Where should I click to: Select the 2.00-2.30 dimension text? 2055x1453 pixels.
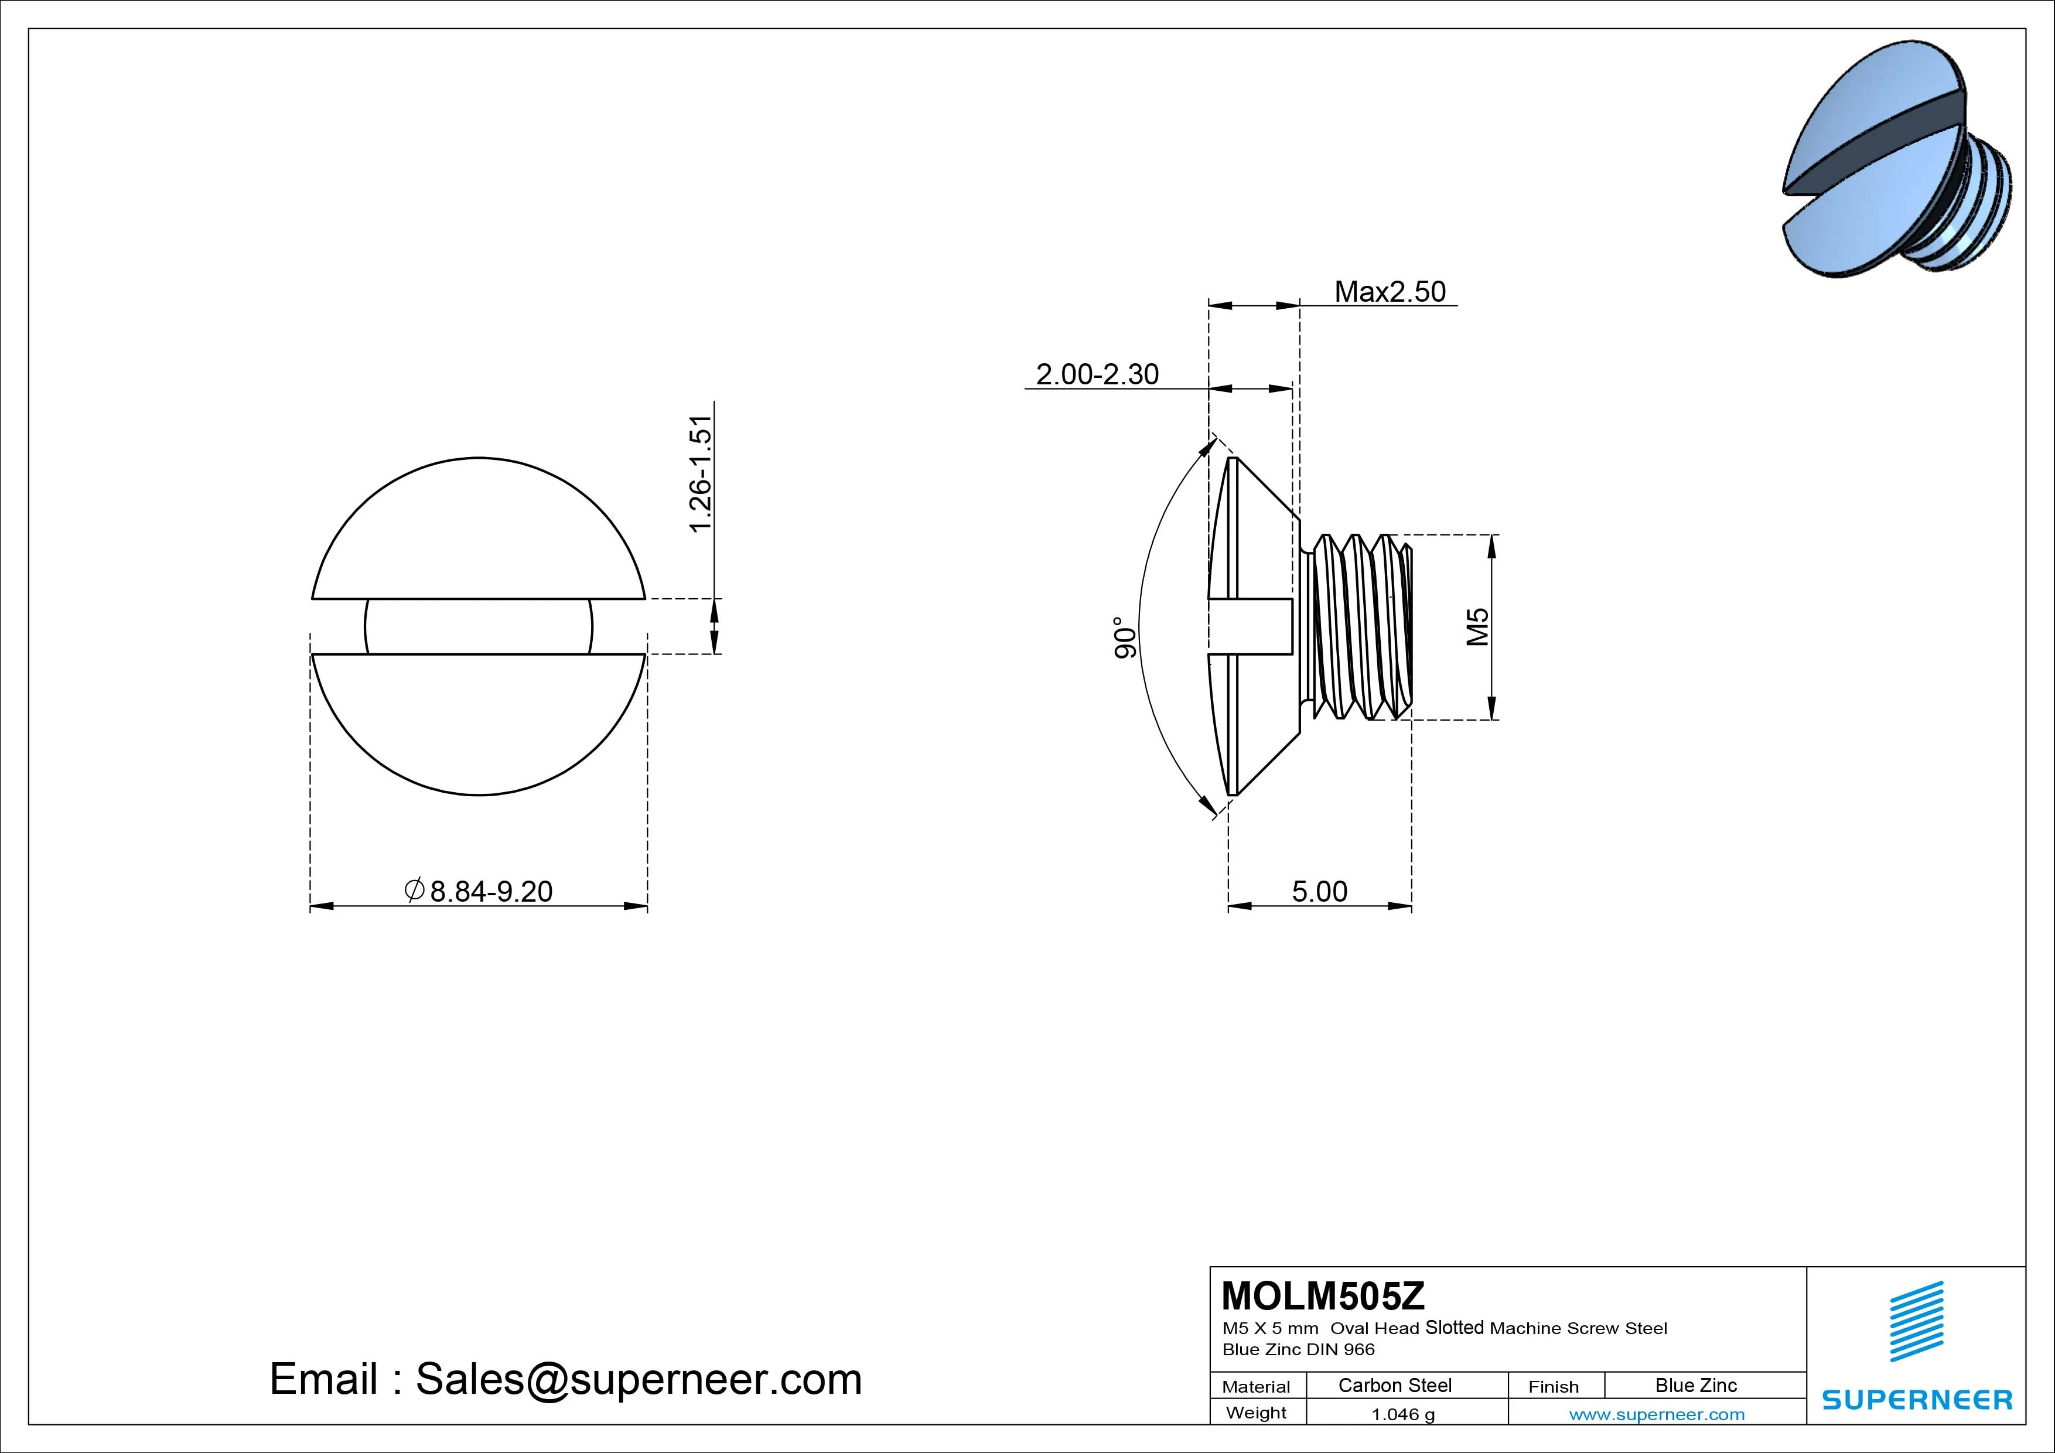click(1097, 374)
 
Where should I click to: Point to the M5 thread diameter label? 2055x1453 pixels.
click(1478, 627)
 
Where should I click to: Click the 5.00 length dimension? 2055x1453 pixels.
click(1319, 892)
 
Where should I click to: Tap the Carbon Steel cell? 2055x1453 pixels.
click(1394, 1385)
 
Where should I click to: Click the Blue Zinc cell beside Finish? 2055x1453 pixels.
click(1695, 1385)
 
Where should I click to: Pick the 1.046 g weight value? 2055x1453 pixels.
click(1402, 1414)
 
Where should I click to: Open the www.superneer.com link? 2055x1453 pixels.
click(1656, 1414)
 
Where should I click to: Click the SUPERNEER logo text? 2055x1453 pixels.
click(1916, 1399)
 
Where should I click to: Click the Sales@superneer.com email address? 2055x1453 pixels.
click(638, 1380)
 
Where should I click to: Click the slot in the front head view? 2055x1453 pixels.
click(479, 627)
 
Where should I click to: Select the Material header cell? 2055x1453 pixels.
click(1256, 1387)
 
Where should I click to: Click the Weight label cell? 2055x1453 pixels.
click(1256, 1413)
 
